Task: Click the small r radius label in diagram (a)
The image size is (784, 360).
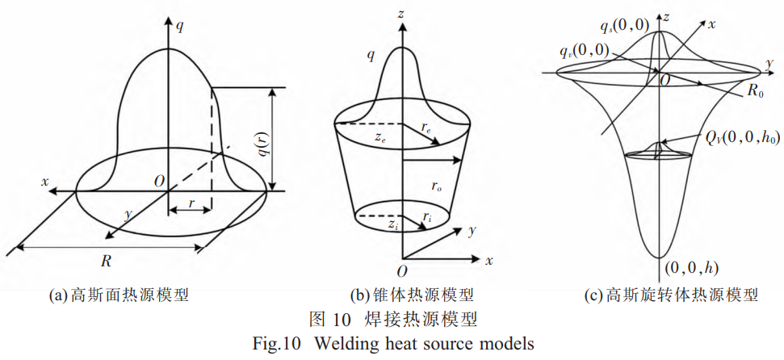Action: [191, 204]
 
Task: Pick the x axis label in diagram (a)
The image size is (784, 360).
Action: [45, 181]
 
